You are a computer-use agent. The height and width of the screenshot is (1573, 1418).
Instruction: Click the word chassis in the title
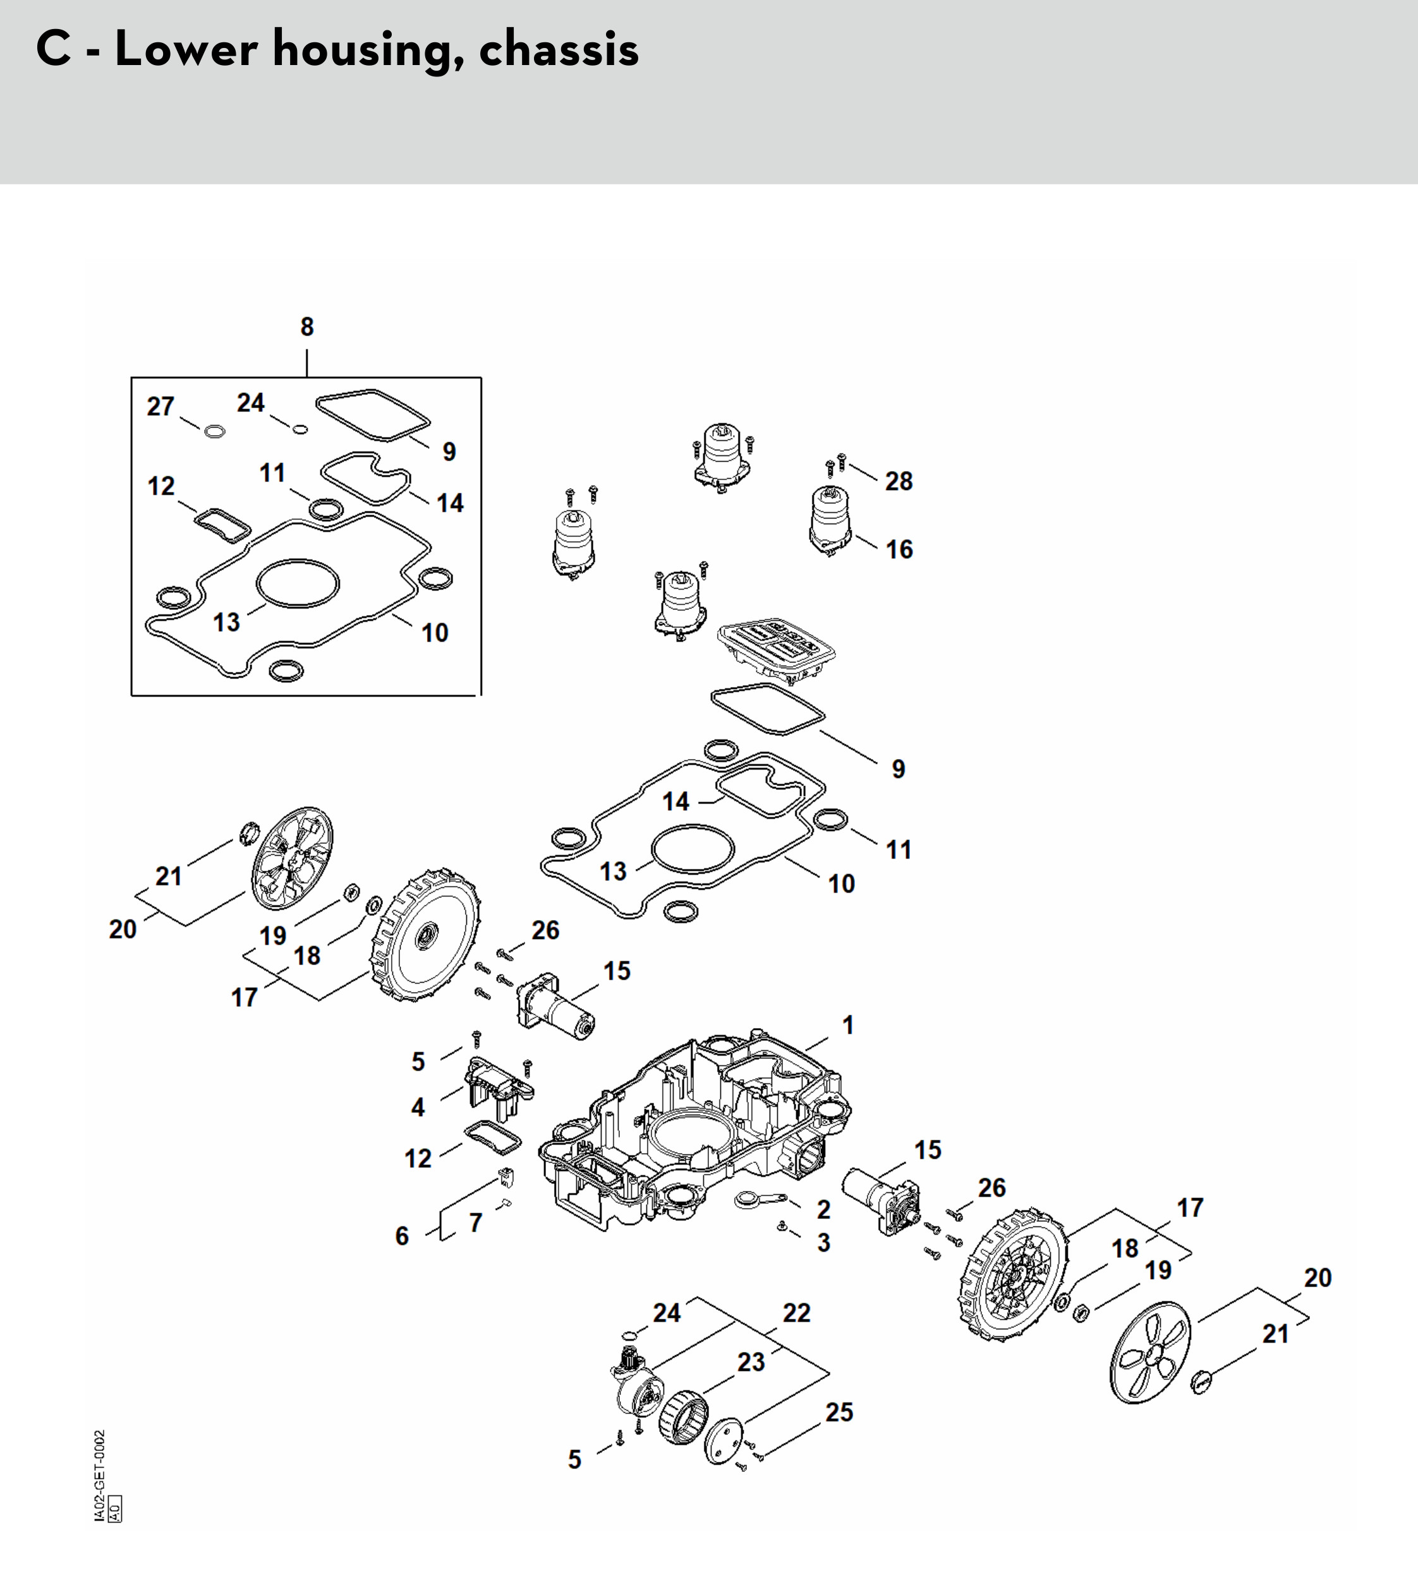click(x=559, y=50)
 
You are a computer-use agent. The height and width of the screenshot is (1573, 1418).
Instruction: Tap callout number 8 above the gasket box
click(x=307, y=327)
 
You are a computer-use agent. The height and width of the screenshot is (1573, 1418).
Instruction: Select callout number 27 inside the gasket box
click(x=161, y=407)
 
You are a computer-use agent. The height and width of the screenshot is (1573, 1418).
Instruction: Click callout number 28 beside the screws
click(x=899, y=481)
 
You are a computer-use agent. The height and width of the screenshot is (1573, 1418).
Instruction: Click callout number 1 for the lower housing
click(x=849, y=1025)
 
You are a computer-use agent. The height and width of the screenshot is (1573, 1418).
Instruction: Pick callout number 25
click(x=839, y=1413)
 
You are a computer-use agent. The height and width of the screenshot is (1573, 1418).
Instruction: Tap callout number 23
click(x=751, y=1362)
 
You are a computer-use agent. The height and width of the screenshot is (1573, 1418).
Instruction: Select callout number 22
click(x=796, y=1313)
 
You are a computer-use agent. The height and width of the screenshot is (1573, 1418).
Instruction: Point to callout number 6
click(x=402, y=1236)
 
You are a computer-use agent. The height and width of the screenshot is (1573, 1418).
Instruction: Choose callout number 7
click(x=475, y=1223)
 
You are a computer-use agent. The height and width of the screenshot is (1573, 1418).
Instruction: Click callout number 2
click(x=823, y=1209)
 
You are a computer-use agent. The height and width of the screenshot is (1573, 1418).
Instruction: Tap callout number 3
click(x=823, y=1243)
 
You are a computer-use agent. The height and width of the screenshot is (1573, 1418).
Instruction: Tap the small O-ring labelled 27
click(x=215, y=431)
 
